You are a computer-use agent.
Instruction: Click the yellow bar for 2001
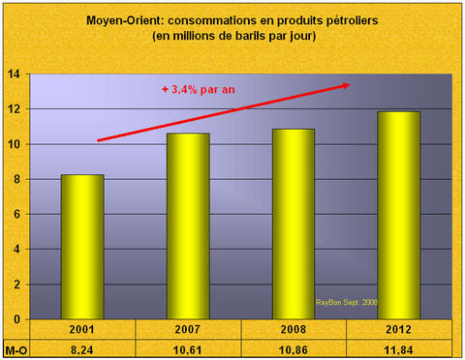(83, 247)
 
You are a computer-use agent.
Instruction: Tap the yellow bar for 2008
(294, 224)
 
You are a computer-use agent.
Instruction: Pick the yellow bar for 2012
(399, 215)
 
